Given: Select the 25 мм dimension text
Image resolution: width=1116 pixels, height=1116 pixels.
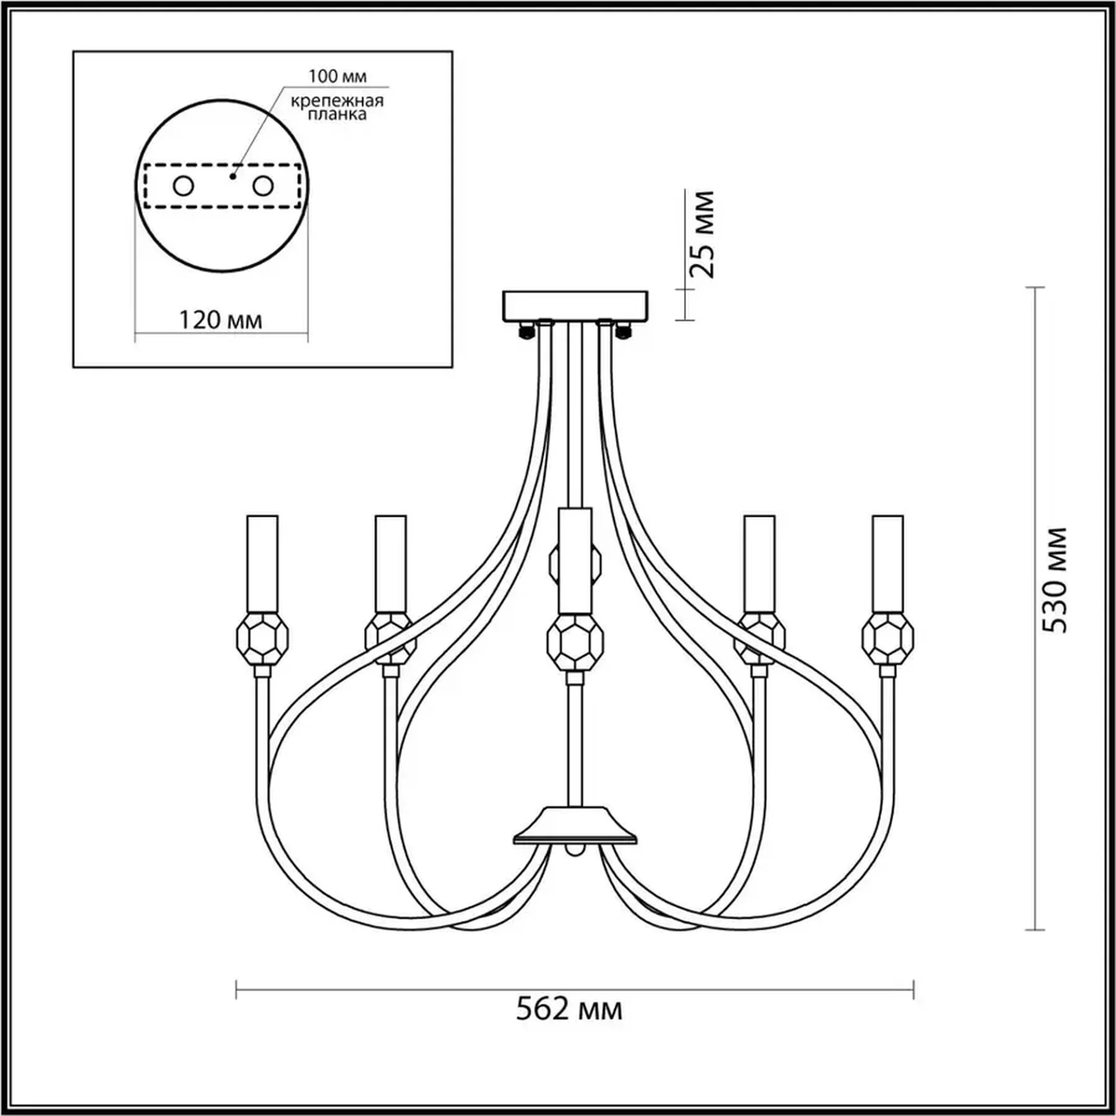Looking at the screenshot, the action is [702, 234].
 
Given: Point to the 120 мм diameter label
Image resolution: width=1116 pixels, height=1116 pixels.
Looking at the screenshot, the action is [221, 320].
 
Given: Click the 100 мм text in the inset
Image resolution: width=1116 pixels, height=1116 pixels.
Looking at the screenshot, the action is [337, 76].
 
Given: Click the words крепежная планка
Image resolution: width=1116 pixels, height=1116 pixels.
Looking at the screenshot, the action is [337, 107].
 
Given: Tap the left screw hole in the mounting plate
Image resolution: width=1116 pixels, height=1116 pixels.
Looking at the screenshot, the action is [184, 186].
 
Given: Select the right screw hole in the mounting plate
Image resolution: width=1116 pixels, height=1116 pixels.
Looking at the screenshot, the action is [263, 186].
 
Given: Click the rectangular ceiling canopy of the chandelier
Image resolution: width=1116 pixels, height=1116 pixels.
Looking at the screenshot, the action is [576, 306].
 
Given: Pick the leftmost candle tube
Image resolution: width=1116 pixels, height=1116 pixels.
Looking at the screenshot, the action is [262, 563].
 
